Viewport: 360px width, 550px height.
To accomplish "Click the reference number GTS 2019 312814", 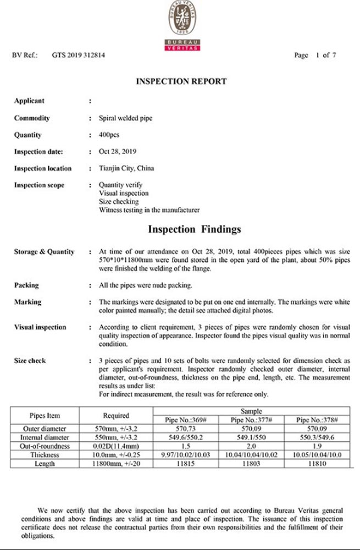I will (x=79, y=56).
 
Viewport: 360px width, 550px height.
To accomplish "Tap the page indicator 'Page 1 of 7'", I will (x=315, y=56).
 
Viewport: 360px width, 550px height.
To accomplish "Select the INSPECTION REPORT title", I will (x=181, y=81).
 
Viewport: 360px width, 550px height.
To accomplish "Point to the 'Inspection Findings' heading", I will (x=194, y=229).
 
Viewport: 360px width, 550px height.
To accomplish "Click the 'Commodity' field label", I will (x=32, y=118).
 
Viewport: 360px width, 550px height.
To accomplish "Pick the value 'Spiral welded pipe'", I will (x=126, y=118).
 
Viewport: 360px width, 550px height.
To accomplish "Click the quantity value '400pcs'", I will (x=109, y=135).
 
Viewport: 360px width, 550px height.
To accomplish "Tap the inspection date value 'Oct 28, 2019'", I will (x=118, y=151).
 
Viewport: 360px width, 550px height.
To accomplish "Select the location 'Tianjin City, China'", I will (x=126, y=168).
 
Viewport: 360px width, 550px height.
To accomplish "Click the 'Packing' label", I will (x=26, y=285).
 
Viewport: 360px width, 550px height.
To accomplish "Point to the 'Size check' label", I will (x=30, y=361).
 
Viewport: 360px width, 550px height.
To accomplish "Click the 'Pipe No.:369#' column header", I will (x=185, y=420).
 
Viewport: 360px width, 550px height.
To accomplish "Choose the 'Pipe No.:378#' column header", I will (x=317, y=420).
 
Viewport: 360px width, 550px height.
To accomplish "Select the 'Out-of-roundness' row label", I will (x=45, y=446).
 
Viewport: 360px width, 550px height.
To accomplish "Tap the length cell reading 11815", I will (x=185, y=464).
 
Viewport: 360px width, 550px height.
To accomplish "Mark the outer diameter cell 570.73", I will (x=185, y=428).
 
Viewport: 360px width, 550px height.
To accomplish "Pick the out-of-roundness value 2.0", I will (x=251, y=446).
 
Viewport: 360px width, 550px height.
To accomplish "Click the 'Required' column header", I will (x=116, y=416).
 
